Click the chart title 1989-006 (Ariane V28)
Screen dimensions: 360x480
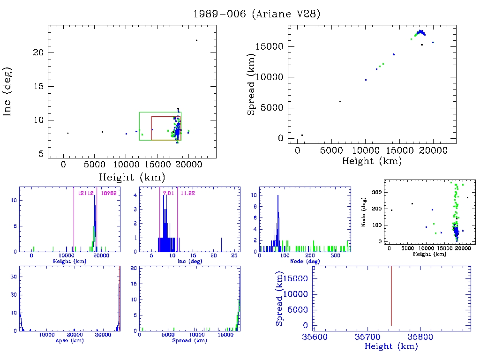click(257, 14)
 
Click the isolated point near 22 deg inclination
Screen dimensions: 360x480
click(196, 40)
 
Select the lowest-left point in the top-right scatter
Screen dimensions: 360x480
click(302, 135)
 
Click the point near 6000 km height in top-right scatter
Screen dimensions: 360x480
click(340, 101)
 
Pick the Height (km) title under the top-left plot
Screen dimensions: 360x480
click(132, 177)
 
